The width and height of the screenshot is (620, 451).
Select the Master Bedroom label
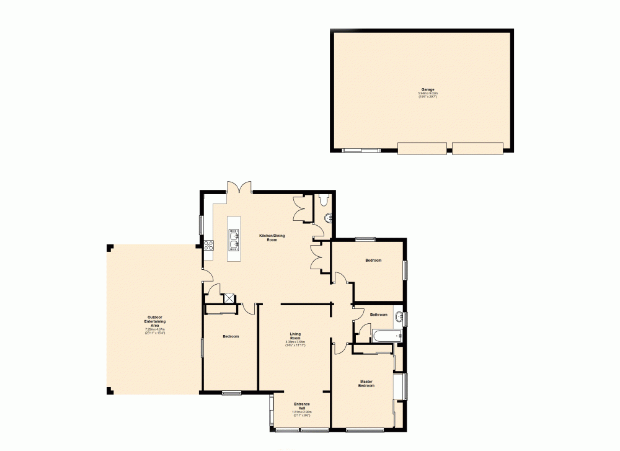366,383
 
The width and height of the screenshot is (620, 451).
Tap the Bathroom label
378,315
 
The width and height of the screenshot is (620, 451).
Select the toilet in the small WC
322,199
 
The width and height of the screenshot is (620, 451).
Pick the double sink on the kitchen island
234,239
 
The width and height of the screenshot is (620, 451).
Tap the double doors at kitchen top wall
239,187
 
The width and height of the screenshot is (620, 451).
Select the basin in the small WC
329,217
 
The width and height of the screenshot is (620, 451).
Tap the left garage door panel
422,148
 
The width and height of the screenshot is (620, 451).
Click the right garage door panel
477,148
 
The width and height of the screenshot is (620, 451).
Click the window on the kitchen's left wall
200,224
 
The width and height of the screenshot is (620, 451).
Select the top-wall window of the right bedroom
365,239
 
